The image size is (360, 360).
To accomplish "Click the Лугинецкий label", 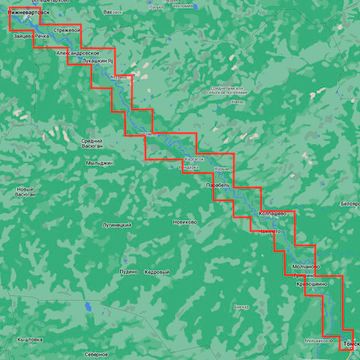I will [117, 225].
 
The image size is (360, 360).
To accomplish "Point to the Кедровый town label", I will [157, 271].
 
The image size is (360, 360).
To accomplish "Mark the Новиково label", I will [183, 221].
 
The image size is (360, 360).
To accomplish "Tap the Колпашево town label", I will [272, 213].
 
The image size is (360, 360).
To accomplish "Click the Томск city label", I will [349, 346].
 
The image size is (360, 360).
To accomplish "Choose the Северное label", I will [96, 353].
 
